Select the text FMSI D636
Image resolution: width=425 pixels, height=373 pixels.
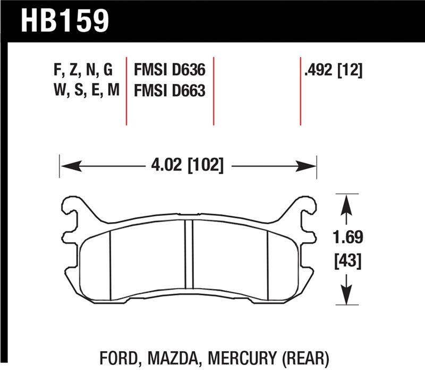coord(169,71)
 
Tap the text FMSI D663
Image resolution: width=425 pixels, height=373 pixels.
coord(169,91)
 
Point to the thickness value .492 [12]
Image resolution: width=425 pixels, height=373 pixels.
coord(331,71)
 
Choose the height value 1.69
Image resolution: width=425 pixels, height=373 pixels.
coord(346,238)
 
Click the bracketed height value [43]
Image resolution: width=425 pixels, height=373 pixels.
coord(346,261)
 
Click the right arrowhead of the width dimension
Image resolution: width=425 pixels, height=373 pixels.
coord(310,166)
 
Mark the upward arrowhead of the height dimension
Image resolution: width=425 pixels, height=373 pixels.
coord(346,202)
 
